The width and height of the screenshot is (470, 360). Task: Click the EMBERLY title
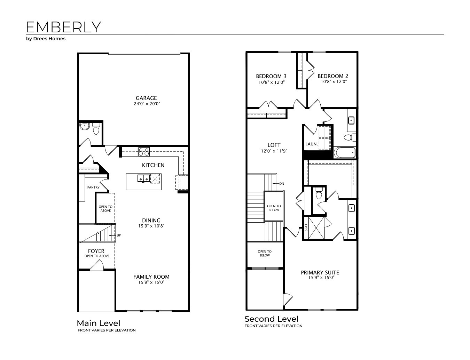coord(63,27)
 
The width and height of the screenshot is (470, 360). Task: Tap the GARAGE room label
coord(146,98)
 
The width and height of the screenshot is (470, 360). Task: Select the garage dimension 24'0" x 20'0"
coord(146,104)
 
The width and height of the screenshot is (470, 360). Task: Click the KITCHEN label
coord(153,165)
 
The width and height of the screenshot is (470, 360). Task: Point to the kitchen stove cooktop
coord(144,152)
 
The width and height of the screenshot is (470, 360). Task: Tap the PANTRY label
coord(93,187)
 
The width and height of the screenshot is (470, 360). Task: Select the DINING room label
coord(151,220)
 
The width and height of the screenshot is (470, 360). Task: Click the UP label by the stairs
coord(119,235)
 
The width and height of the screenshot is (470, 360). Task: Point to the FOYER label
coord(96,251)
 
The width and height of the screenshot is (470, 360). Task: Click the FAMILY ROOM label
coord(151,277)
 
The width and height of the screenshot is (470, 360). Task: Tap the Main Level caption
coord(99,323)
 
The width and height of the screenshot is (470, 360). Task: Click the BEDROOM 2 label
coord(333,76)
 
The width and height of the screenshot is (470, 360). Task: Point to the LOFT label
coord(274,145)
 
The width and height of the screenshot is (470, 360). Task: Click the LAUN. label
coord(311,144)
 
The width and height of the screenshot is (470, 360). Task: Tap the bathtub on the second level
coord(344,153)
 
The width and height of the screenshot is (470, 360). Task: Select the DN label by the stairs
coord(282,183)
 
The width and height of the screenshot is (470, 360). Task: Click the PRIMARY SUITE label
coord(320,272)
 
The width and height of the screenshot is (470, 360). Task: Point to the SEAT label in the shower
coord(306,228)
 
